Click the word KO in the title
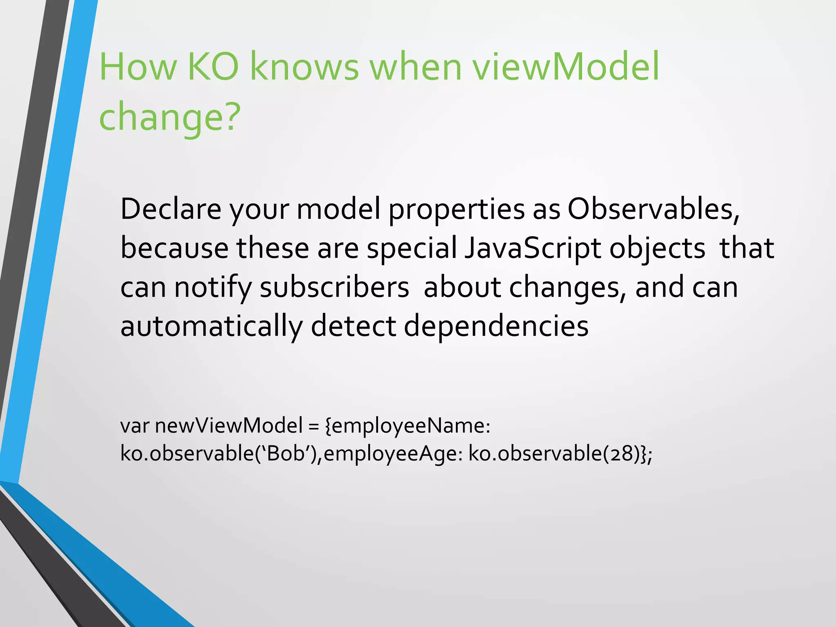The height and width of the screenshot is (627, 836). [213, 67]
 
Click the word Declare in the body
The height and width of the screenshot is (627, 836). [171, 209]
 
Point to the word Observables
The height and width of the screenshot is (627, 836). [653, 209]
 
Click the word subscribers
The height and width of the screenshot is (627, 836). [334, 287]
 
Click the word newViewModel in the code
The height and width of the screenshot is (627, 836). [229, 426]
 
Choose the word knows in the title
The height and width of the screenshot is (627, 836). [304, 67]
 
